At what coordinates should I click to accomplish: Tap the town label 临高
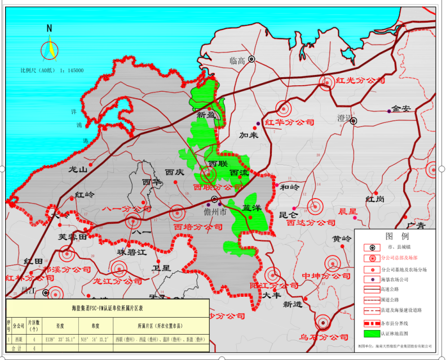click(238, 60)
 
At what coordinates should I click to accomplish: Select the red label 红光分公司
click(356, 81)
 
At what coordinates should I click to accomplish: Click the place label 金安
click(404, 109)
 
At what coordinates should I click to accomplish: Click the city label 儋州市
click(214, 212)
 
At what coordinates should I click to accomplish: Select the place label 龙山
click(78, 169)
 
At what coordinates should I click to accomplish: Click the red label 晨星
click(347, 212)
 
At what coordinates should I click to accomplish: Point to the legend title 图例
click(396, 236)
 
